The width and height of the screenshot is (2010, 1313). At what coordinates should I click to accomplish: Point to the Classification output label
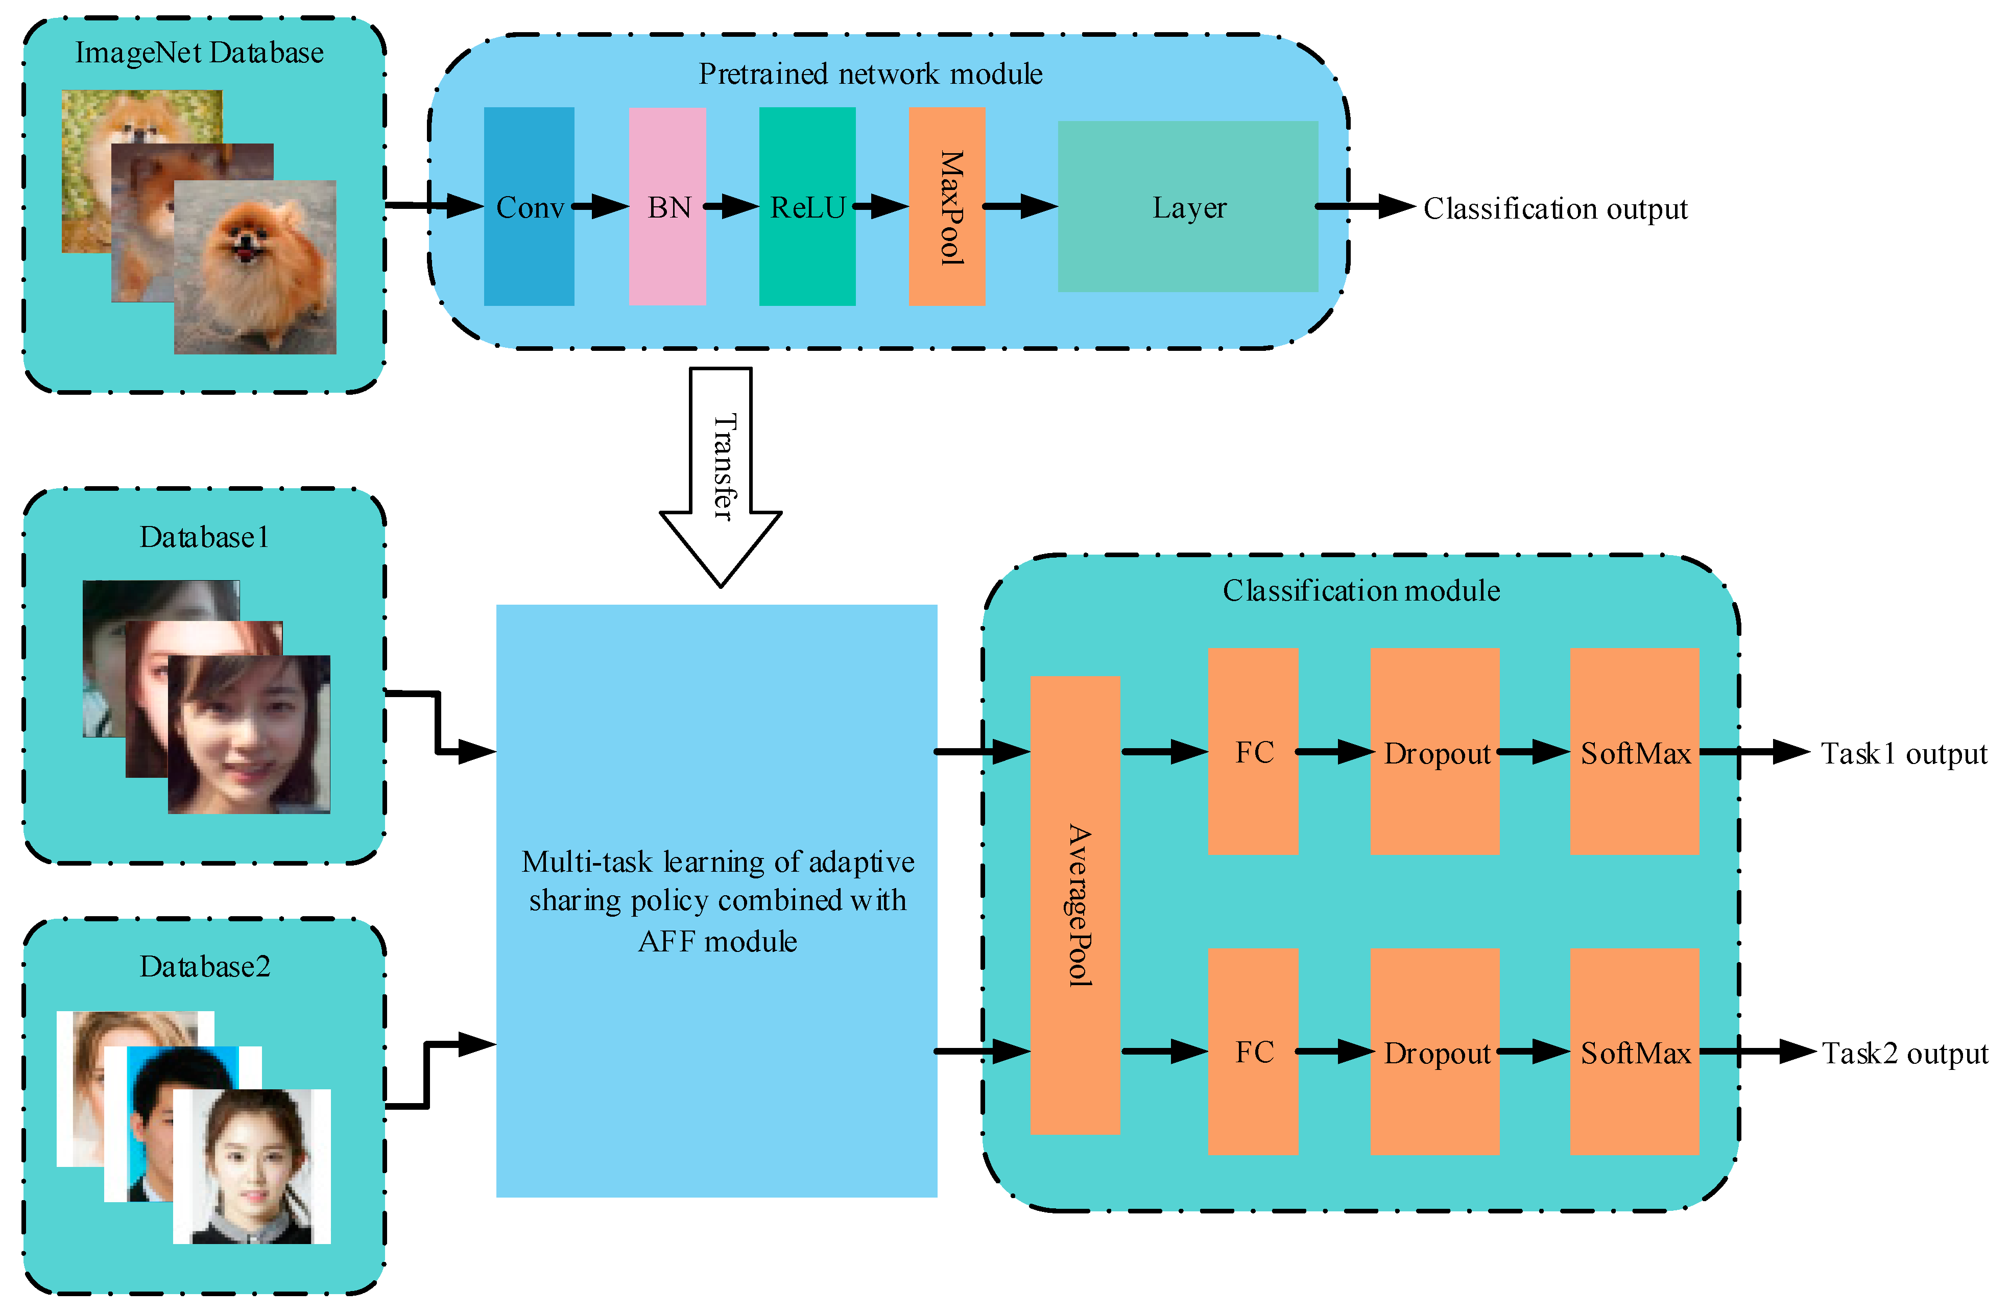pos(1555,208)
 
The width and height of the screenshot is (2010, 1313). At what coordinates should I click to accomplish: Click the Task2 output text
pos(1904,1053)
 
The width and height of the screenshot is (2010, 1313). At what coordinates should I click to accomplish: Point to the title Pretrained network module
pos(870,74)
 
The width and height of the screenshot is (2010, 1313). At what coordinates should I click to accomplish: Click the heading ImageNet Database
pos(199,53)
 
